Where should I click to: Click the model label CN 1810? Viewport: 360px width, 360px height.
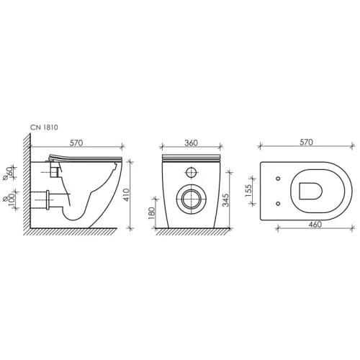coord(44,127)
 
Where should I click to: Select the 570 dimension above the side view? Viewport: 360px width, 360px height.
coord(76,143)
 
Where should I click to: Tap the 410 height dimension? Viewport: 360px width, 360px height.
coord(127,195)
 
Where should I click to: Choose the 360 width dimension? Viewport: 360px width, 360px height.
coord(191,143)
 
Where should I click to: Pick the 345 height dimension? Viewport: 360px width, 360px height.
coord(225,200)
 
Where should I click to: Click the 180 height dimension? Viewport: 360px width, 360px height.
coord(151,213)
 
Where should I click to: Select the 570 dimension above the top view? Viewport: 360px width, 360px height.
coord(306,142)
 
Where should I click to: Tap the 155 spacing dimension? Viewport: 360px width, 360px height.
coord(248,191)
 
